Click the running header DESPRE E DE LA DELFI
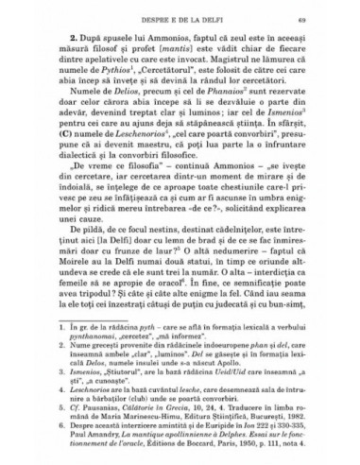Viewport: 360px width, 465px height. click(x=179, y=20)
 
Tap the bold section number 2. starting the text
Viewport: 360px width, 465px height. click(x=80, y=40)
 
